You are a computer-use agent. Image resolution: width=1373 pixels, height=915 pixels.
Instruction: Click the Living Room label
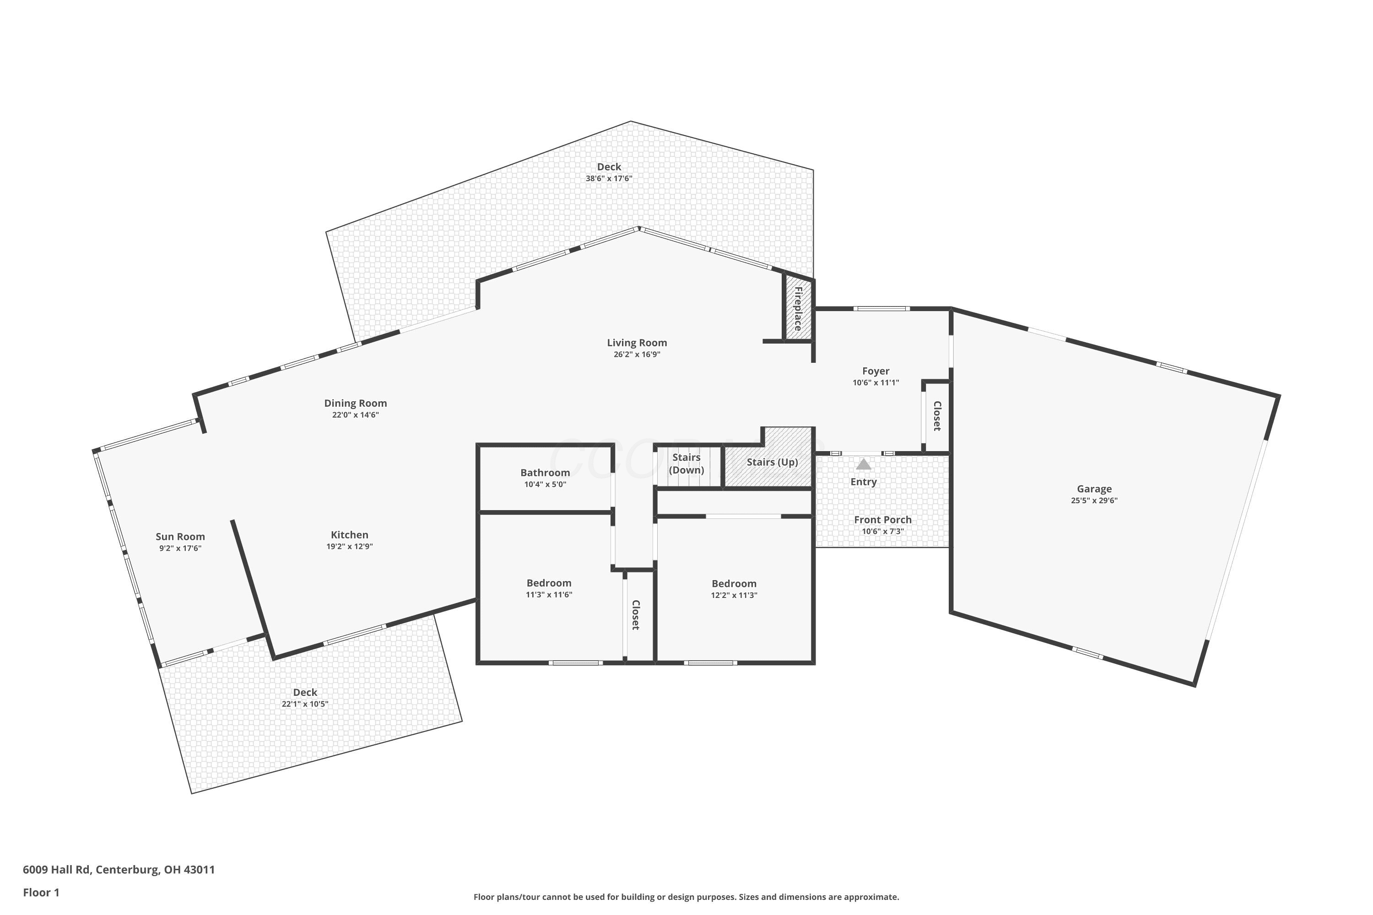[x=637, y=343]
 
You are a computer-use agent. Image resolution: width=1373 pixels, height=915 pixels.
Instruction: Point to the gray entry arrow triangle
[x=863, y=464]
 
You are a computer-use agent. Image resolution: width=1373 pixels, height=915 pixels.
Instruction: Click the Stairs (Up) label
[x=773, y=462]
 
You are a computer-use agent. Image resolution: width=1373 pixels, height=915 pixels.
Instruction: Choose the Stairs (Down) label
[x=686, y=464]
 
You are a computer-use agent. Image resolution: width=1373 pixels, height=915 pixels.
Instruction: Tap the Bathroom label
[x=545, y=473]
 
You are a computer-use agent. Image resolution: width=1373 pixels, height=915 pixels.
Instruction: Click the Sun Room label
[x=180, y=537]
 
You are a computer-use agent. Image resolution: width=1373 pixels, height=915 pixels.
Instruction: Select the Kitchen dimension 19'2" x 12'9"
[x=350, y=547]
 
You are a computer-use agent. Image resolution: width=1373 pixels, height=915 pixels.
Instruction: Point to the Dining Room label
[x=356, y=403]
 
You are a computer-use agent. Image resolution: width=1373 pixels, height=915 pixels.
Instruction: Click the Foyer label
[x=876, y=371]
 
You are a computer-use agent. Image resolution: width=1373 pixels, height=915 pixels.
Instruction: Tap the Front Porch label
[x=883, y=520]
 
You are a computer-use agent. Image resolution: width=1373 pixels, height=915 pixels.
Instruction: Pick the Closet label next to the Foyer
[x=937, y=416]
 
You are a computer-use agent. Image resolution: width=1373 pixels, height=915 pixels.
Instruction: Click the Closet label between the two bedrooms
[x=636, y=615]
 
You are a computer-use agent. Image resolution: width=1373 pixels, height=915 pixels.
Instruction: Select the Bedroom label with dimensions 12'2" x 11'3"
[x=734, y=584]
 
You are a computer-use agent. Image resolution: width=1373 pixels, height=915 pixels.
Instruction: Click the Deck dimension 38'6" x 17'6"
[x=609, y=178]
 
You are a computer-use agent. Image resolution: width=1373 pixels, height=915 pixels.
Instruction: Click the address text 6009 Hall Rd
[x=57, y=870]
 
